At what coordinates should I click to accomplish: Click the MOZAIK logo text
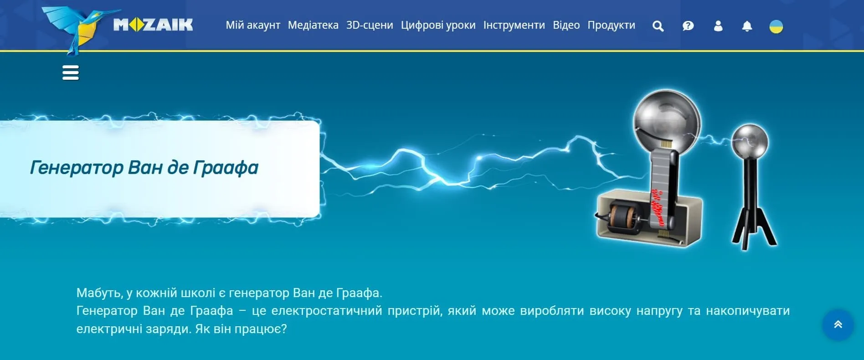click(153, 25)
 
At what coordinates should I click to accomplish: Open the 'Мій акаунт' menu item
click(253, 25)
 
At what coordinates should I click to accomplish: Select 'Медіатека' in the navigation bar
click(313, 25)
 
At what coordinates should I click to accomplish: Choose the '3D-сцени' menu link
click(370, 25)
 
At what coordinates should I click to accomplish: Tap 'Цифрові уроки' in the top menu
click(438, 25)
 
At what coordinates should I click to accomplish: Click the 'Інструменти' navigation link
click(514, 25)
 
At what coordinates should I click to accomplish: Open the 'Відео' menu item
click(566, 25)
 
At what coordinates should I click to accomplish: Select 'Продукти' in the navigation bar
click(612, 25)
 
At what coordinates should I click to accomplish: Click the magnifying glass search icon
click(658, 26)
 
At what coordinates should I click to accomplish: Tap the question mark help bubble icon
click(688, 26)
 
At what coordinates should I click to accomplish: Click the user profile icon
click(718, 26)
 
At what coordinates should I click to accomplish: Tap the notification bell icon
click(747, 26)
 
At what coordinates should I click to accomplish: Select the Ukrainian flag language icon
click(776, 26)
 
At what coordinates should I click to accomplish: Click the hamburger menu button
click(71, 72)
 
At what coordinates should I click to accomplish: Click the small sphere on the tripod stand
click(750, 141)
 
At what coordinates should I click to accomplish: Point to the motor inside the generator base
click(622, 217)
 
